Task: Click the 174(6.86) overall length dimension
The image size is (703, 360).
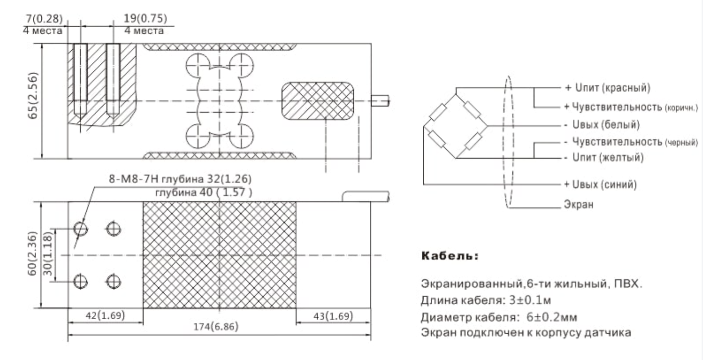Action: tap(216, 327)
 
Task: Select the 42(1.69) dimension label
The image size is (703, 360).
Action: tap(105, 315)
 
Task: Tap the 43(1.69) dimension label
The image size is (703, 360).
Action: tap(333, 316)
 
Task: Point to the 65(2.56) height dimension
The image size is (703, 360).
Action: tap(33, 96)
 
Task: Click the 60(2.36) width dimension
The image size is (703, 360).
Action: tap(32, 254)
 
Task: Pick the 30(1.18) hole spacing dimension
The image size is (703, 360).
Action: tap(47, 254)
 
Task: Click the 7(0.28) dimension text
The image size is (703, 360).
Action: tap(44, 19)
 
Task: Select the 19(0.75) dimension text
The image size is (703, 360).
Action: tap(145, 18)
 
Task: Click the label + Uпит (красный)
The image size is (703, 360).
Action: tap(607, 88)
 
